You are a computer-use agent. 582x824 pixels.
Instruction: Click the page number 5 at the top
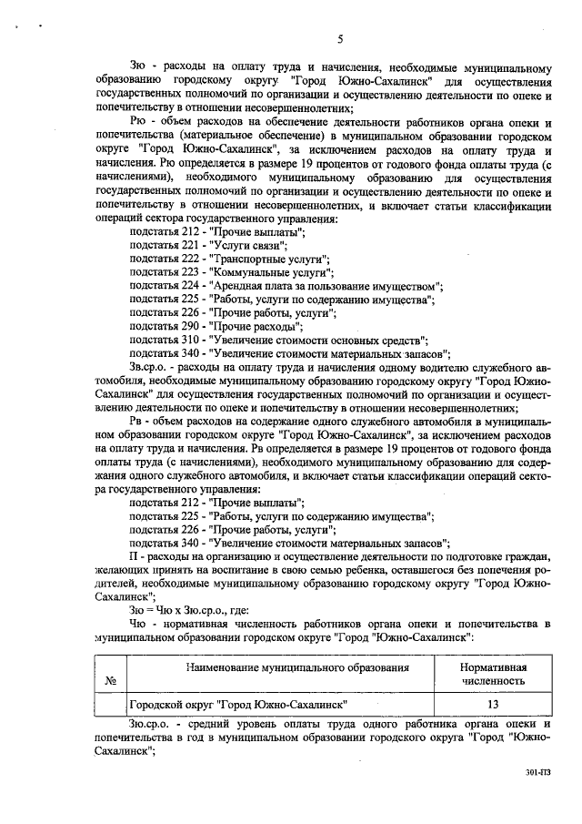339,39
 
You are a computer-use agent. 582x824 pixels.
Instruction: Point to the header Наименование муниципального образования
292,667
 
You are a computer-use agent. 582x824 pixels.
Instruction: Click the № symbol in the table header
109,679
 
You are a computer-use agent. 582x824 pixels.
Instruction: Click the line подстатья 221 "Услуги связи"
208,246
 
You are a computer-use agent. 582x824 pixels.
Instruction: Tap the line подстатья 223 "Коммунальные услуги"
231,272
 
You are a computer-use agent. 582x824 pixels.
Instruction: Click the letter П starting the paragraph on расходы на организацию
135,555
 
